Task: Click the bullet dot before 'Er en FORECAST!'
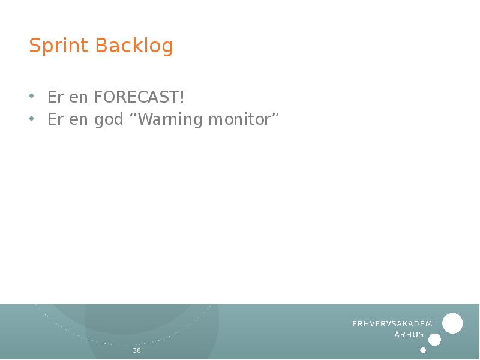pos(32,97)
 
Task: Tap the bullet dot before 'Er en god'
pos(32,119)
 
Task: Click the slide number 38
pos(137,350)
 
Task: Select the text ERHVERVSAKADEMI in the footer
pos(393,324)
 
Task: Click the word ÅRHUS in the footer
pos(409,335)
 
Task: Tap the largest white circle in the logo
pos(452,323)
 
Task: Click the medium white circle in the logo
pos(435,340)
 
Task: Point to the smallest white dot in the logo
pos(423,350)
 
